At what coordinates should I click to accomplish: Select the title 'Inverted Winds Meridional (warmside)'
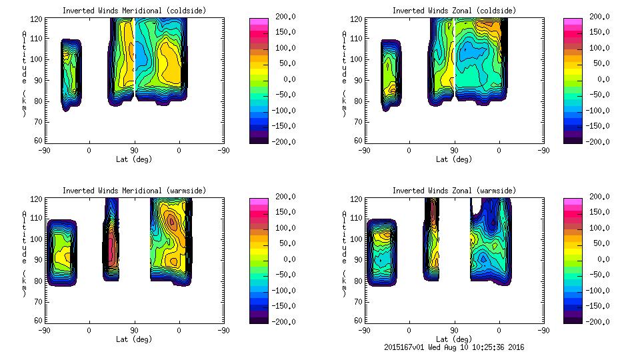134,191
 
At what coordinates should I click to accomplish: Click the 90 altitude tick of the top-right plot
353,79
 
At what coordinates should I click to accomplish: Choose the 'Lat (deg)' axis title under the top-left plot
134,159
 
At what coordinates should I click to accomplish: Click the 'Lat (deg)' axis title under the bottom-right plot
454,339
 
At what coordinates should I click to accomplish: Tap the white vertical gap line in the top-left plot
134,53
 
